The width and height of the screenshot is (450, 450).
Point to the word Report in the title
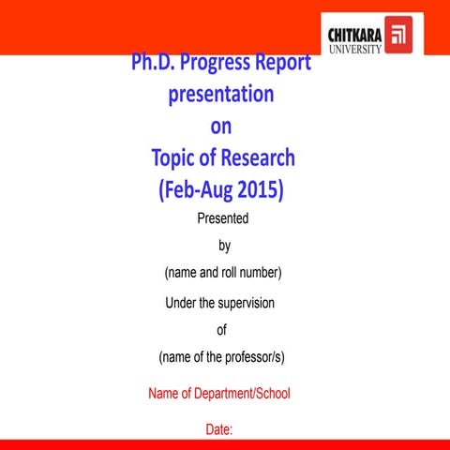284,64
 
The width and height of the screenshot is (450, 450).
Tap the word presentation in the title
221,95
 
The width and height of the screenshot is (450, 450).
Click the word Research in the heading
258,157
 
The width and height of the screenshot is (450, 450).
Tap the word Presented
223,219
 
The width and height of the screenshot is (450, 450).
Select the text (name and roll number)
223,273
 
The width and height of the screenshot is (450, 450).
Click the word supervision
247,303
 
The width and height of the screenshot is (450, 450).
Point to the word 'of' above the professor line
222,330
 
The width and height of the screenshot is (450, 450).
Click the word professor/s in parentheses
251,357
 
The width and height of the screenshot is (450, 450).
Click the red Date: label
219,430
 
